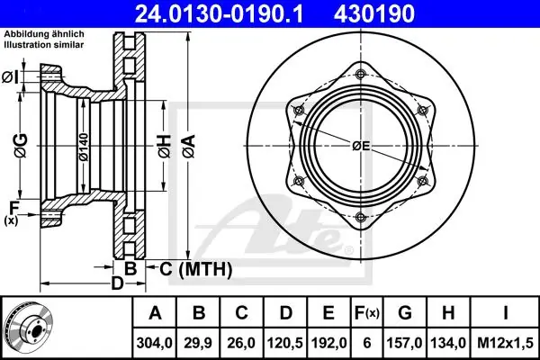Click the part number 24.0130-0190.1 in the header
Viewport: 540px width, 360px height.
[x=219, y=13]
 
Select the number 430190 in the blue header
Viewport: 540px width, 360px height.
[x=374, y=13]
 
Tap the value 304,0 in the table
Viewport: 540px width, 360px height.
[x=154, y=343]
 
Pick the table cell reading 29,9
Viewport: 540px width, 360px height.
[x=198, y=343]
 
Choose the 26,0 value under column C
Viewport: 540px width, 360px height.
[x=241, y=343]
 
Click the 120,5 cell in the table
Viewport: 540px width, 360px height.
[x=285, y=343]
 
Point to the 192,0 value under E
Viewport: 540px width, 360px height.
[x=328, y=343]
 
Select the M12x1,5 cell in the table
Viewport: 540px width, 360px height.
[x=505, y=343]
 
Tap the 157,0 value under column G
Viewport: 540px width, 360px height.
[x=404, y=343]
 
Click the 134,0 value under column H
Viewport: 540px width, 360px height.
[x=448, y=343]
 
